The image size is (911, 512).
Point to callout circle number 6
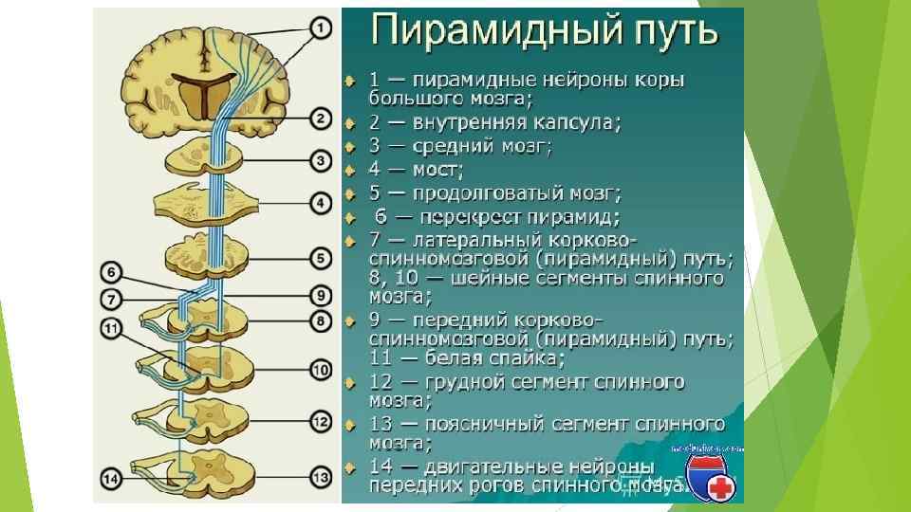click(x=113, y=273)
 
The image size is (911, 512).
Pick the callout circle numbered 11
click(x=112, y=328)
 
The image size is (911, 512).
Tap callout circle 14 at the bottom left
click(x=112, y=479)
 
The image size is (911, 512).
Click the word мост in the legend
click(x=437, y=171)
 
